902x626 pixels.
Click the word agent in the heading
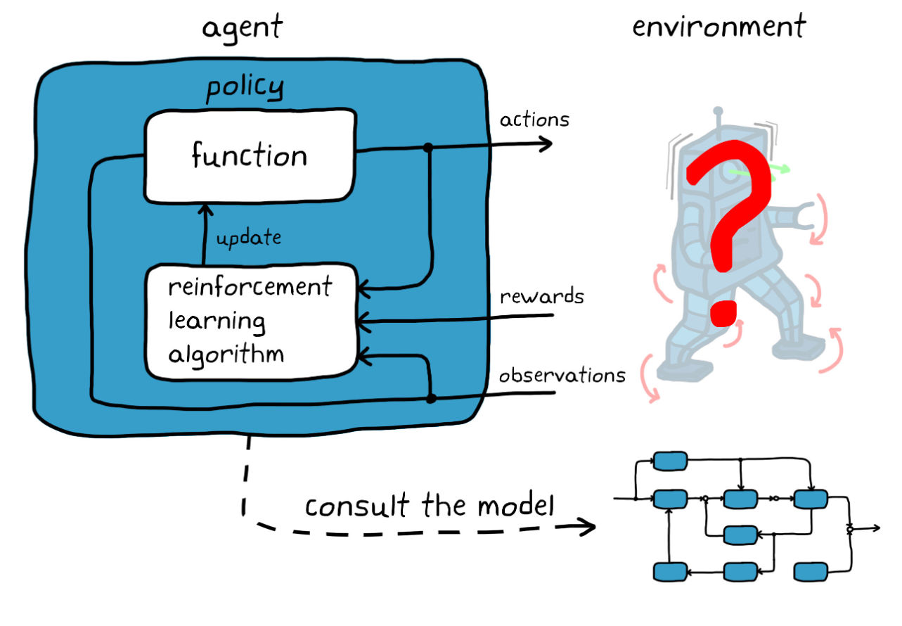coord(243,28)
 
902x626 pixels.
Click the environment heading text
coord(719,27)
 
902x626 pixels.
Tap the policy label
coord(245,89)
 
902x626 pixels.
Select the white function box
coord(250,155)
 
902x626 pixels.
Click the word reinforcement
coord(250,288)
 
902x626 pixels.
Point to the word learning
coord(217,321)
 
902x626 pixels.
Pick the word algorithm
coord(226,354)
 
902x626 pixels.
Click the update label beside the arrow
coord(248,238)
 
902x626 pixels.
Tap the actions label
coord(534,120)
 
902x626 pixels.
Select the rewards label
coord(541,297)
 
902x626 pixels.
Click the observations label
coord(562,376)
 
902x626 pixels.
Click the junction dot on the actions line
coord(427,148)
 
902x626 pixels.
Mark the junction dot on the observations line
coord(431,399)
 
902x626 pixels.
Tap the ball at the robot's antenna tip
coord(718,111)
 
